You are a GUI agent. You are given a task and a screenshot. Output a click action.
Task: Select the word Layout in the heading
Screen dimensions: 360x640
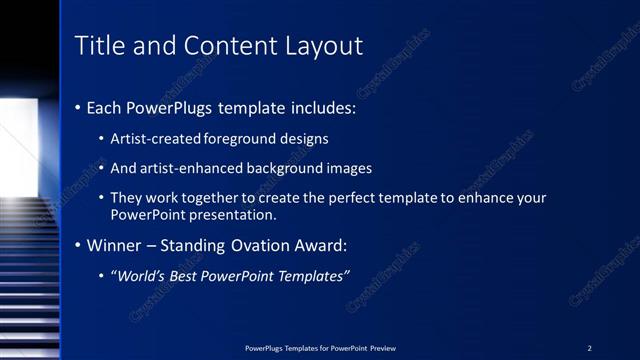coord(326,46)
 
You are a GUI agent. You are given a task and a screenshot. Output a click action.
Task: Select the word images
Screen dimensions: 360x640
coord(344,168)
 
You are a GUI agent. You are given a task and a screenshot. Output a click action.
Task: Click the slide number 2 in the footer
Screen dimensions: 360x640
coord(589,348)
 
